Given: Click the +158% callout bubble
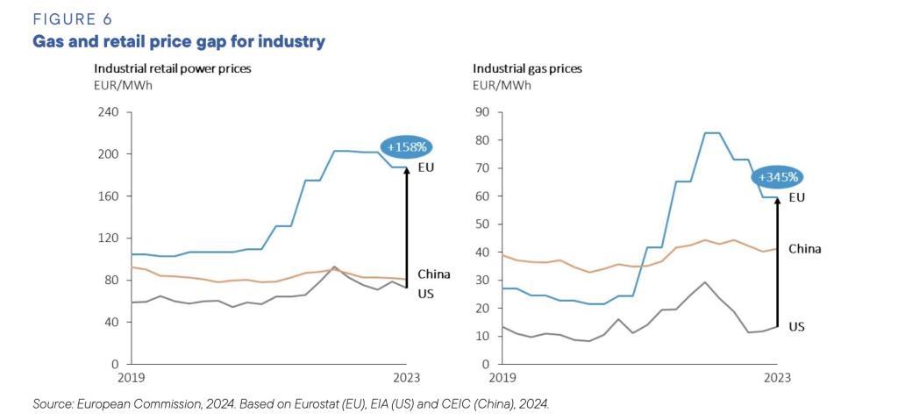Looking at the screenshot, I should click(x=408, y=147).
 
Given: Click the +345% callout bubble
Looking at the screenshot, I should click(x=779, y=177).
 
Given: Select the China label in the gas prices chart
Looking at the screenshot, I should click(x=804, y=249).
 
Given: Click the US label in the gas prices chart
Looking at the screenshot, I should click(x=796, y=326).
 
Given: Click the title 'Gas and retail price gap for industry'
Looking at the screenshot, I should click(x=179, y=41).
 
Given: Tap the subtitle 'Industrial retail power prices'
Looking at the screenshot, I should click(x=168, y=68).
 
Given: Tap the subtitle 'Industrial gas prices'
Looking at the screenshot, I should click(x=527, y=68).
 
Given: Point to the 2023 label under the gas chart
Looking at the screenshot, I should click(x=776, y=378).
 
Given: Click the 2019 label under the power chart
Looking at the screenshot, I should click(x=131, y=378).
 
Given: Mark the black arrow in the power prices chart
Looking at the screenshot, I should click(x=407, y=228).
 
